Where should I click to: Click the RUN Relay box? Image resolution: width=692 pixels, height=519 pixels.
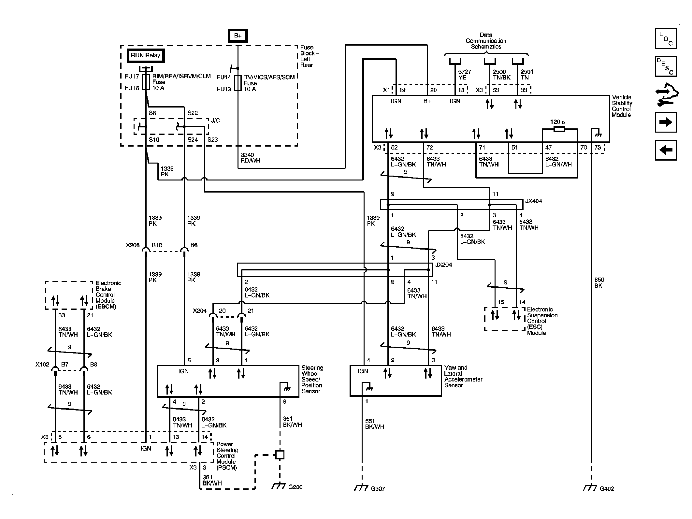[x=146, y=56]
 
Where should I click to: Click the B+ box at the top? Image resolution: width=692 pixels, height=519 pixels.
[x=238, y=36]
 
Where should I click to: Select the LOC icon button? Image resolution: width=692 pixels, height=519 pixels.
[x=665, y=38]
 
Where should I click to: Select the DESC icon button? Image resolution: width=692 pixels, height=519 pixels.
[x=665, y=66]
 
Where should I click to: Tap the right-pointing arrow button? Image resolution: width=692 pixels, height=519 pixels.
[x=665, y=122]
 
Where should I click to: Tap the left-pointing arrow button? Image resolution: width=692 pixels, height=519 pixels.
[x=665, y=150]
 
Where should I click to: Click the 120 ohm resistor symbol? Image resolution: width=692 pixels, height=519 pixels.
[x=559, y=129]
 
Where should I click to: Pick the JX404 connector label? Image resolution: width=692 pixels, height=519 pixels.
[x=533, y=201]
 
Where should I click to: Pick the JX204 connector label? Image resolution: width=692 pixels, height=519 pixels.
[x=444, y=265]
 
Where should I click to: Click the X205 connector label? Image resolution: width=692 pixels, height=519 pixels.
[x=133, y=245]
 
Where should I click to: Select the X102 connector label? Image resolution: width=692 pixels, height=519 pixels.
[x=42, y=364]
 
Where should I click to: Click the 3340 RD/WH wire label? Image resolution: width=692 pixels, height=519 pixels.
[x=250, y=158]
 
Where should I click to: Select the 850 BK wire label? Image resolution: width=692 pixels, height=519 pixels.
[x=599, y=283]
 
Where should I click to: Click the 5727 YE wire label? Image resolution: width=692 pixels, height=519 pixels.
[x=464, y=75]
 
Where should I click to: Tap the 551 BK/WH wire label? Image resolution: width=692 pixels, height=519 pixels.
[x=374, y=424]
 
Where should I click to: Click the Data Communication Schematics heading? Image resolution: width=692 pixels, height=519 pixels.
[x=486, y=41]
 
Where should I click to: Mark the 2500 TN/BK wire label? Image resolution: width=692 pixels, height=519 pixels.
[x=501, y=75]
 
